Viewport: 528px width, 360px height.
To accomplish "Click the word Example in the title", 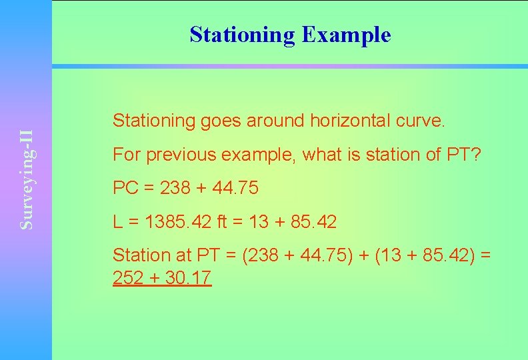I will click(346, 35).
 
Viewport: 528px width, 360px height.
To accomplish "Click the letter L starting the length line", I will click(117, 222).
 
